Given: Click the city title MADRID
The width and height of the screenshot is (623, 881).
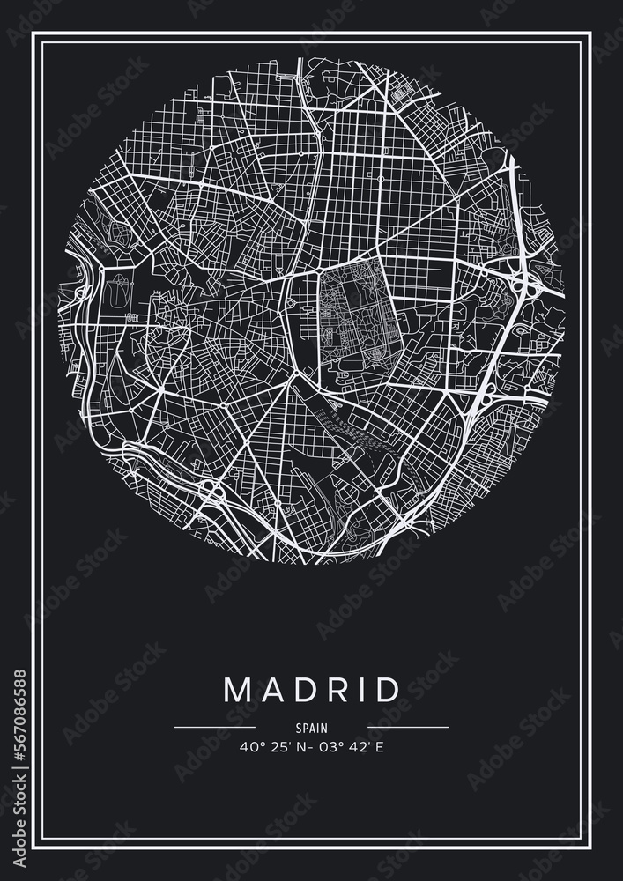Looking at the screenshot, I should pyautogui.click(x=312, y=690).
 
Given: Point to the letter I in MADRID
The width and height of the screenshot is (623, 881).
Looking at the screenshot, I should pyautogui.click(x=359, y=690).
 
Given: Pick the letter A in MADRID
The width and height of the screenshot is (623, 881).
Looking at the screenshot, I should pyautogui.click(x=271, y=690).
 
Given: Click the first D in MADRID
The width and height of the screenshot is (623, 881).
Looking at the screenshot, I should pyautogui.click(x=301, y=690).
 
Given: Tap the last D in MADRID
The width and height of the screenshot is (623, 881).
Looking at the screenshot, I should pyautogui.click(x=385, y=690).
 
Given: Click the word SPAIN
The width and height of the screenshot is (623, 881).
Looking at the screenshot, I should pyautogui.click(x=312, y=729).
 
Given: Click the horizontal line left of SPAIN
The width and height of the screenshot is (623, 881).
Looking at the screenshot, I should pyautogui.click(x=215, y=728).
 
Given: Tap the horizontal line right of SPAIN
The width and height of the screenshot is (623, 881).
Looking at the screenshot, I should pyautogui.click(x=408, y=728).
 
